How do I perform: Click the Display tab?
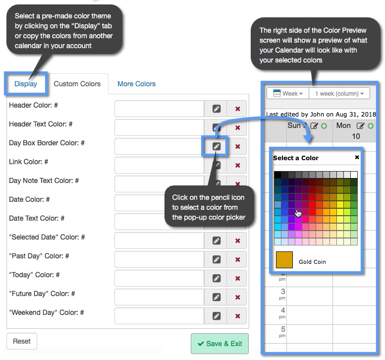pos(26,84)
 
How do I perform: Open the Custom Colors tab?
pos(77,84)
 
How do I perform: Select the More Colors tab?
pos(136,84)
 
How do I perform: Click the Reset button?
pos(22,341)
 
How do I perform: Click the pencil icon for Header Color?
pos(216,109)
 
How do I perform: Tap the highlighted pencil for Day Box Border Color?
pos(216,146)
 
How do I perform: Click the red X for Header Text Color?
pos(237,127)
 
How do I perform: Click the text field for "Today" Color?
pos(159,278)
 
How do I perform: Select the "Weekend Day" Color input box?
pos(159,316)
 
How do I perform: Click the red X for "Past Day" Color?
pos(237,259)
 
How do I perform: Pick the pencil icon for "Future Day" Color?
pos(216,297)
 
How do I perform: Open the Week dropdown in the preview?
pos(288,93)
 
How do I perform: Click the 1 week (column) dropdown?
pos(339,93)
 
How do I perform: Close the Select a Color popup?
pos(357,157)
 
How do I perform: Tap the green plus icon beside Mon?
pos(369,126)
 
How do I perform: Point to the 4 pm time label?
pos(282,312)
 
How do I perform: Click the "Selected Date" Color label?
pos(47,237)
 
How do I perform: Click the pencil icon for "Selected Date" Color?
pos(216,240)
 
